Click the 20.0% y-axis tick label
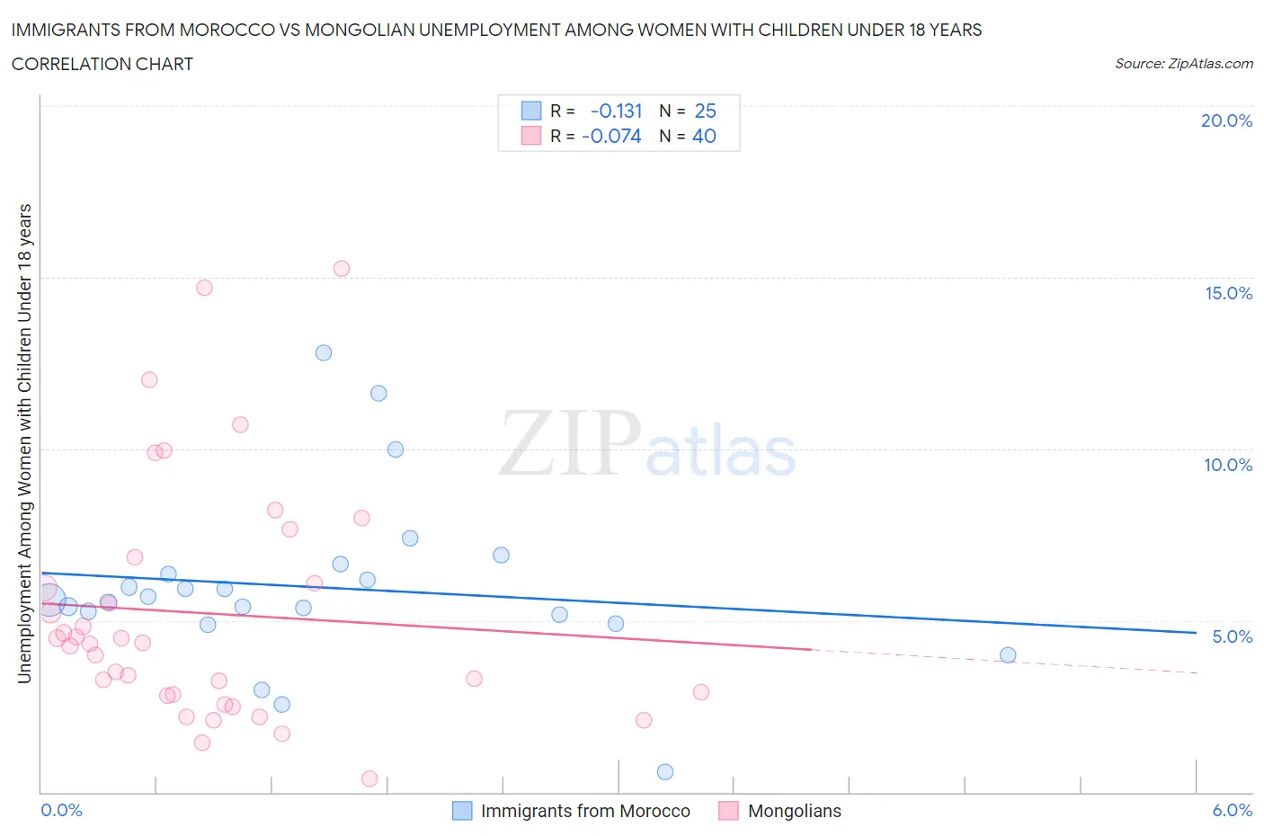1226,121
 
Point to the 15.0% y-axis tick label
1228,293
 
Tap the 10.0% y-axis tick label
1228,465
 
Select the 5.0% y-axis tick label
1232,636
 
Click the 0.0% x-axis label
61,810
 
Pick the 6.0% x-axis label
1232,810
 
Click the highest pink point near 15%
342,269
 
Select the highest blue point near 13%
324,353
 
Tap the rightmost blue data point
1008,655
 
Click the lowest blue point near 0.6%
665,772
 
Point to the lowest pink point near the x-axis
369,778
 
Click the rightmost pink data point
701,692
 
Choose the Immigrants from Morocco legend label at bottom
585,811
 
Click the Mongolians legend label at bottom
795,811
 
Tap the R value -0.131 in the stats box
616,111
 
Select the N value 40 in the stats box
704,137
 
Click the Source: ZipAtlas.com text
1183,64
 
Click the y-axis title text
25,443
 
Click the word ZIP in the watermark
569,443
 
